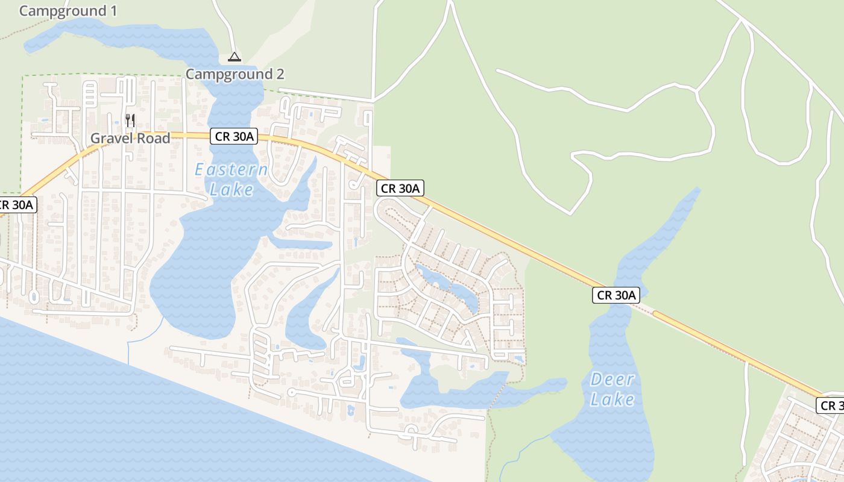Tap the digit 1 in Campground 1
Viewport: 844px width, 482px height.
(113, 11)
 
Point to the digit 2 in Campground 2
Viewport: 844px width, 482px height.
(279, 75)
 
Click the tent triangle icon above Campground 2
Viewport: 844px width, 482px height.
(235, 57)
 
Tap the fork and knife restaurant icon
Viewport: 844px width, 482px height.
(130, 120)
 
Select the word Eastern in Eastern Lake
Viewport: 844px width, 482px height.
(231, 170)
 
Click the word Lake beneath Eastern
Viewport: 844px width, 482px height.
(232, 190)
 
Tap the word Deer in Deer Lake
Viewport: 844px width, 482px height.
(612, 380)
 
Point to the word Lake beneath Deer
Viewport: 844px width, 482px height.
(612, 399)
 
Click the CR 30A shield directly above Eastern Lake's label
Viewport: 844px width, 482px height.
(234, 136)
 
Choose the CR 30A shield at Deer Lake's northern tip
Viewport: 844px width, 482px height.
(616, 295)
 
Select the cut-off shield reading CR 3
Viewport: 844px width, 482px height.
(831, 405)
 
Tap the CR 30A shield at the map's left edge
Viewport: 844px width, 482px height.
(17, 205)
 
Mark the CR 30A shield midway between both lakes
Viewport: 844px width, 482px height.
(400, 188)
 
